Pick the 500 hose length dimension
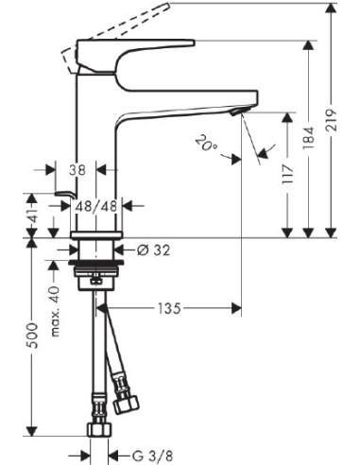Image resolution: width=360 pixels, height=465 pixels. (x=32, y=333)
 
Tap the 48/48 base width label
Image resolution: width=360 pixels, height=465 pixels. (x=95, y=204)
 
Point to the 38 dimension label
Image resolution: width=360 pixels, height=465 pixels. (x=77, y=171)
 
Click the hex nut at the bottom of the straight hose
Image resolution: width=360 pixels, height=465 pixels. (x=98, y=432)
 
